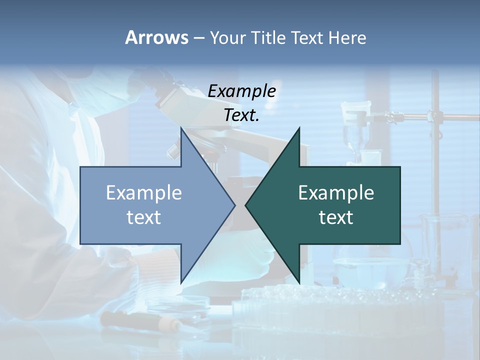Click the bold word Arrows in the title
point(156,37)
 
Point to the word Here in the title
point(347,37)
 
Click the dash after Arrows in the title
point(198,38)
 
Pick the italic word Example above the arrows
point(241,91)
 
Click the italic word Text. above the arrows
point(241,115)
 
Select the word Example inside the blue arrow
point(144,192)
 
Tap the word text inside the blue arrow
point(144,217)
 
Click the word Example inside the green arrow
point(336,192)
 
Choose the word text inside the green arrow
point(336,217)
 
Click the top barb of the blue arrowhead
point(182,130)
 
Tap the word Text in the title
point(307,37)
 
